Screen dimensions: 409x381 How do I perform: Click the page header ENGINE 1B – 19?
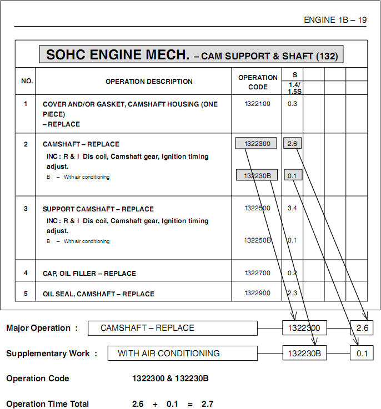335,20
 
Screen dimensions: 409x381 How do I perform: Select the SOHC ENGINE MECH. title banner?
191,55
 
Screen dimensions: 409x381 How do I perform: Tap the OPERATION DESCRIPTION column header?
149,82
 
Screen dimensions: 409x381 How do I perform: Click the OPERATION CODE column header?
258,82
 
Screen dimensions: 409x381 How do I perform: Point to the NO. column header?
27,82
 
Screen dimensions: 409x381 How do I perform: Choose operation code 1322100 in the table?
258,104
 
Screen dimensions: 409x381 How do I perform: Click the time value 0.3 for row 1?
292,104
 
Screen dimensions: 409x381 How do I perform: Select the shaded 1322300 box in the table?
256,144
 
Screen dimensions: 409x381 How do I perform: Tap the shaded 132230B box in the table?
256,175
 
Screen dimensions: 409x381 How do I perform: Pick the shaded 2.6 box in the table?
293,144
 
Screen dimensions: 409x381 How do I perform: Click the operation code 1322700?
258,273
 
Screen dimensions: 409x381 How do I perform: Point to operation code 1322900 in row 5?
258,293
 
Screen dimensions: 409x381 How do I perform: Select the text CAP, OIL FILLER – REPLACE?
89,274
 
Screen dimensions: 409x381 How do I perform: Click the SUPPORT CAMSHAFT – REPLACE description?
98,209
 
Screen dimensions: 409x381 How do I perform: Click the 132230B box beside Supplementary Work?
304,353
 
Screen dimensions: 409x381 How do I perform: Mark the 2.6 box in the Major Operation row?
362,328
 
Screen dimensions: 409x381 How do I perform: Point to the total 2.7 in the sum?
208,404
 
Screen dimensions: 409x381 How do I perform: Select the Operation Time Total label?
47,404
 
